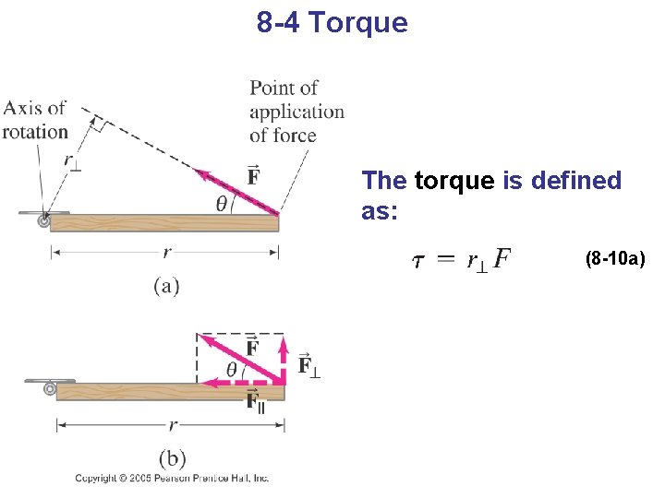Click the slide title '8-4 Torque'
(x=332, y=22)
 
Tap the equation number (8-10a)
(x=615, y=259)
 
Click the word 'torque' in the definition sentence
(x=454, y=181)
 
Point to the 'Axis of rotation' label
(x=35, y=120)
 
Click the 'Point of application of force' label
(x=296, y=112)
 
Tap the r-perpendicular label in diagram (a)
(x=72, y=160)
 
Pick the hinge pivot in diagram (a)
(x=43, y=221)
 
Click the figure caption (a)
(x=166, y=286)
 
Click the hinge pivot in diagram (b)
(x=50, y=389)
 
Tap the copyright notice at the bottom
(x=172, y=479)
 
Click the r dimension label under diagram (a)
(x=166, y=252)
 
